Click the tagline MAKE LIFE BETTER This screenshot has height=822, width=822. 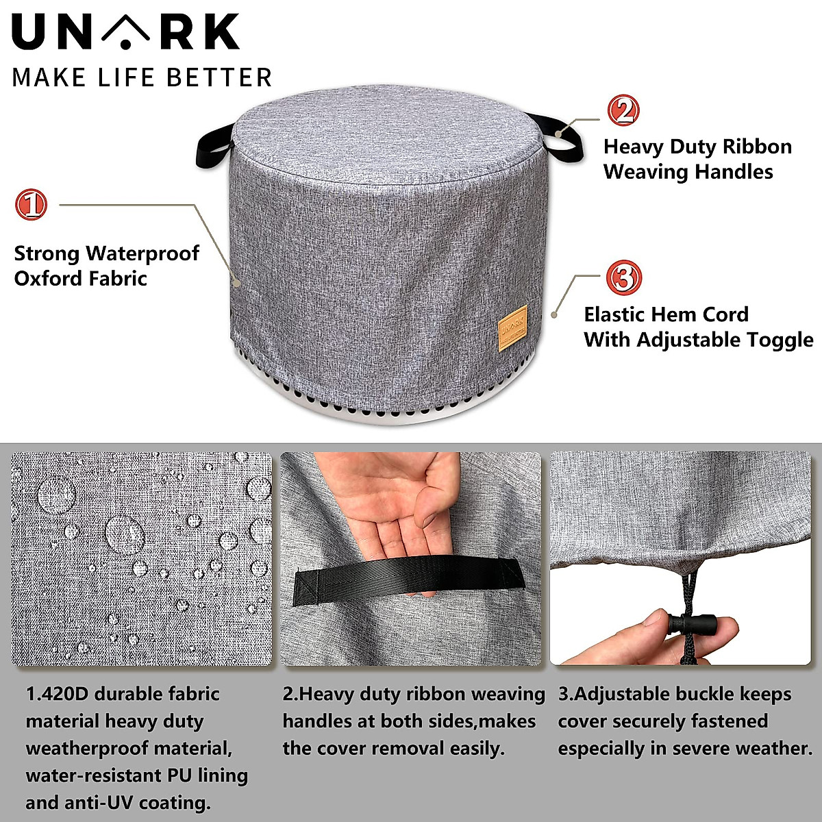pos(142,77)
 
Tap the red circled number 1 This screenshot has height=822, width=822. pos(32,204)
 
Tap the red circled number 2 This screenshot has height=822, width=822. pos(623,110)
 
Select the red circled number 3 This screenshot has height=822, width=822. pos(623,278)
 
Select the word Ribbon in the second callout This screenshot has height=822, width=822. pos(758,147)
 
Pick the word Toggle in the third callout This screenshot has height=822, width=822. pos(774,340)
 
